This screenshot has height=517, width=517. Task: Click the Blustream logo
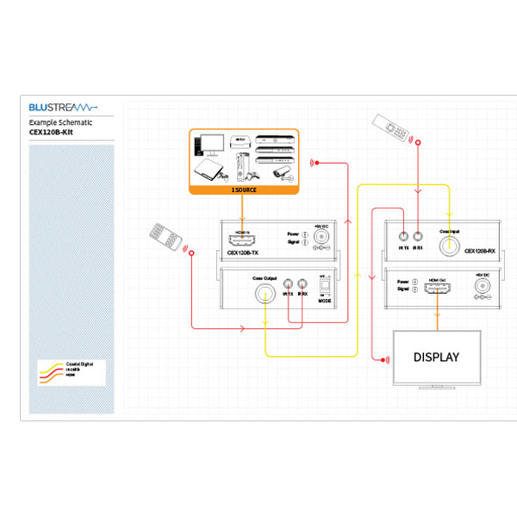coord(63,108)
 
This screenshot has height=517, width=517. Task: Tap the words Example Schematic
coord(59,123)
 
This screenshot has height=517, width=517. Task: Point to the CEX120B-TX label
coord(242,253)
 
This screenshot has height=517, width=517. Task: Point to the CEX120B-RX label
coord(480,252)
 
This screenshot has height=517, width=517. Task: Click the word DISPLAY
coord(436,357)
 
